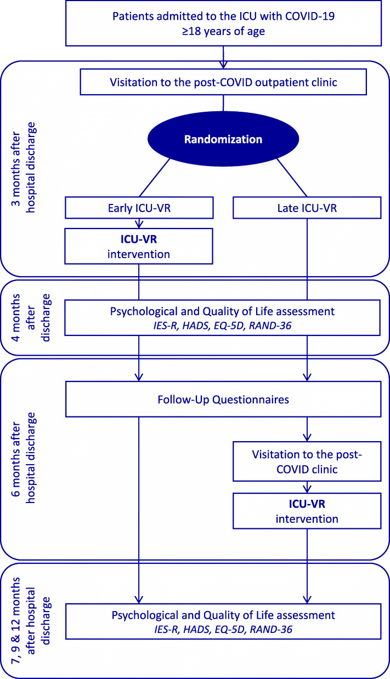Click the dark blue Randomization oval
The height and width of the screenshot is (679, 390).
pos(223,139)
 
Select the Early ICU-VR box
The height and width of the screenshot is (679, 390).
pos(138,208)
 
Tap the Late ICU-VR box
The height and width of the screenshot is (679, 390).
pos(307,208)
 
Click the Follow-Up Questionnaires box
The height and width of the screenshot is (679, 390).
pos(223,400)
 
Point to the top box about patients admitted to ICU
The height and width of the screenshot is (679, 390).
pos(223,23)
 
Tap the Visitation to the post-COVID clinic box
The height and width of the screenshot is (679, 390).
pos(307,461)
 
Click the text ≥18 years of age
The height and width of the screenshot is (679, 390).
pos(223,32)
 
